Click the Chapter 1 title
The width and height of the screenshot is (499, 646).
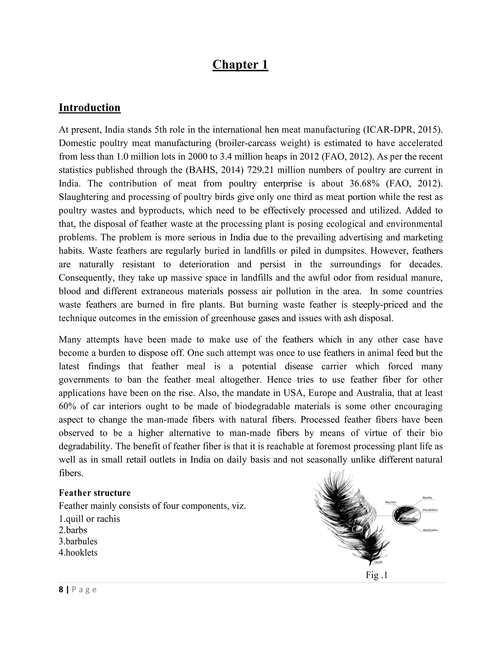(x=240, y=65)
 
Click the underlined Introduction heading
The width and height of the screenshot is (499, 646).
(x=90, y=108)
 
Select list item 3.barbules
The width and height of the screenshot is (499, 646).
(x=78, y=541)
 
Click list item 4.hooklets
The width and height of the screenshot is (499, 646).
(x=78, y=553)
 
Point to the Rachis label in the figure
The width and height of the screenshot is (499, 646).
(x=391, y=502)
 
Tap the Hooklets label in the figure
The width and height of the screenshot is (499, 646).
(x=430, y=510)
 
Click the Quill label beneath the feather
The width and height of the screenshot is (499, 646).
(x=378, y=562)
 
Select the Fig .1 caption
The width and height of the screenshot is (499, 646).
(x=376, y=575)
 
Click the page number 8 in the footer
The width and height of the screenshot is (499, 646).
(x=61, y=590)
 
